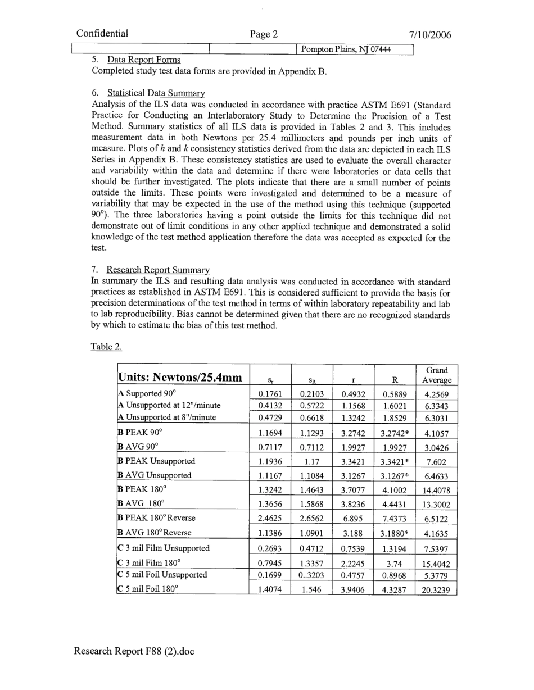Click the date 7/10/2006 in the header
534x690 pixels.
[430, 35]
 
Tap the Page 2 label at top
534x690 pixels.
[264, 34]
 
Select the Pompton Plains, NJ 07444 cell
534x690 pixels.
[346, 49]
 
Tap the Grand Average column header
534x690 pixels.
[436, 375]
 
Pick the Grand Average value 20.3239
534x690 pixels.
[436, 591]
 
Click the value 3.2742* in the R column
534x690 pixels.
[394, 434]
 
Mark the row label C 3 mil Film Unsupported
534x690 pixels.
[163, 548]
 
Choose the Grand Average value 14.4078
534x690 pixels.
[436, 490]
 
